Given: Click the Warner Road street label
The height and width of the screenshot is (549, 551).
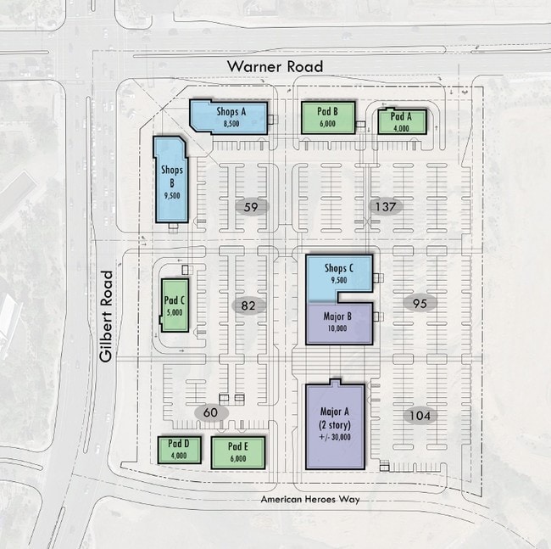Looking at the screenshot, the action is point(275,66).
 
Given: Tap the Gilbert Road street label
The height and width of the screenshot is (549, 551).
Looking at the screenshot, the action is point(106,317).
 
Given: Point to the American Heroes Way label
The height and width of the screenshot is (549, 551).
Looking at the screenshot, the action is point(310,499).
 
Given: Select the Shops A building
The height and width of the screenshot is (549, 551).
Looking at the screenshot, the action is point(228,117).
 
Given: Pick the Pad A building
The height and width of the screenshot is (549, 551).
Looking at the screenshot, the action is point(402,121).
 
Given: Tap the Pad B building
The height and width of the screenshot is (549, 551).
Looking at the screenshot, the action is point(328,118).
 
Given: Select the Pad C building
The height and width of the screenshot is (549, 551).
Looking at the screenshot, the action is point(175,305).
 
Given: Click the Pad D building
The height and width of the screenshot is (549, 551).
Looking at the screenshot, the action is point(179,450).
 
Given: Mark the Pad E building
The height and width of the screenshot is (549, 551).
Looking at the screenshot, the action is point(238,452).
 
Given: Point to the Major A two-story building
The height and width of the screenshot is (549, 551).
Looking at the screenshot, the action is point(335,424).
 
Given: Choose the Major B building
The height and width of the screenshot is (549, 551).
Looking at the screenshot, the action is point(339,322).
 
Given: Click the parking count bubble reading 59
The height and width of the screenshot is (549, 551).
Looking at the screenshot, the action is point(251,207).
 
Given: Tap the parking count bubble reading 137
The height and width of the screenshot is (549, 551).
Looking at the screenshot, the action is point(386,206).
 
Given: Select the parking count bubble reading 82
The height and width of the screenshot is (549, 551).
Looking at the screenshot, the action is point(248,305).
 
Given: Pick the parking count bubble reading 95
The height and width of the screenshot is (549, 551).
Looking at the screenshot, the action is point(420,303).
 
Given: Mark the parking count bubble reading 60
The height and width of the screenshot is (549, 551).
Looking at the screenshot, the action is point(211,412).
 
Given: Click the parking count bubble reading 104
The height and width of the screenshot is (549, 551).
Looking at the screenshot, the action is point(420,416).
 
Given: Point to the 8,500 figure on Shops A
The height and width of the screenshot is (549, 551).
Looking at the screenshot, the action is point(231,123).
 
